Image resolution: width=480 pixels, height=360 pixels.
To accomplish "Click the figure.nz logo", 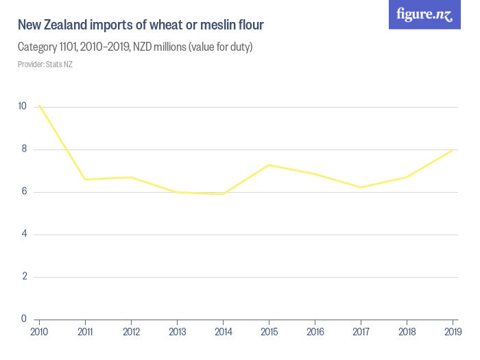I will click(x=424, y=14).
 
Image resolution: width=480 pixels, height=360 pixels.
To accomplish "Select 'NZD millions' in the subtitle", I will click(x=162, y=47).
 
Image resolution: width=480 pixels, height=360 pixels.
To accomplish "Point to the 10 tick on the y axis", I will click(x=23, y=107).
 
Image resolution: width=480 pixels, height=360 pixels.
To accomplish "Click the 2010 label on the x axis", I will click(x=39, y=332).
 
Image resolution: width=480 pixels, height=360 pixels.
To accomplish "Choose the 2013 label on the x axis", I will click(x=177, y=332).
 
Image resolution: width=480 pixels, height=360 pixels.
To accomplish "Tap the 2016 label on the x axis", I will click(x=315, y=332).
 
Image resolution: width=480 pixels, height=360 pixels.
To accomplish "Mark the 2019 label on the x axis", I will click(x=452, y=332).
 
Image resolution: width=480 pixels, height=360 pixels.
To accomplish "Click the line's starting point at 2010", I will click(x=39, y=105).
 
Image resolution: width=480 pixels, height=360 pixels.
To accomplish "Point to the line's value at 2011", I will click(x=85, y=180).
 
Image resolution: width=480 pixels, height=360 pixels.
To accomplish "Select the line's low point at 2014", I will click(x=223, y=194).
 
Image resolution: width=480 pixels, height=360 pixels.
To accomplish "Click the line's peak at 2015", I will click(x=269, y=165).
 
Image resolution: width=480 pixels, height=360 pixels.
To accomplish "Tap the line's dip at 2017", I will click(x=361, y=187).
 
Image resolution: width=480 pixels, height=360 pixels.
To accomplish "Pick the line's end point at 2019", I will click(x=453, y=150).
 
